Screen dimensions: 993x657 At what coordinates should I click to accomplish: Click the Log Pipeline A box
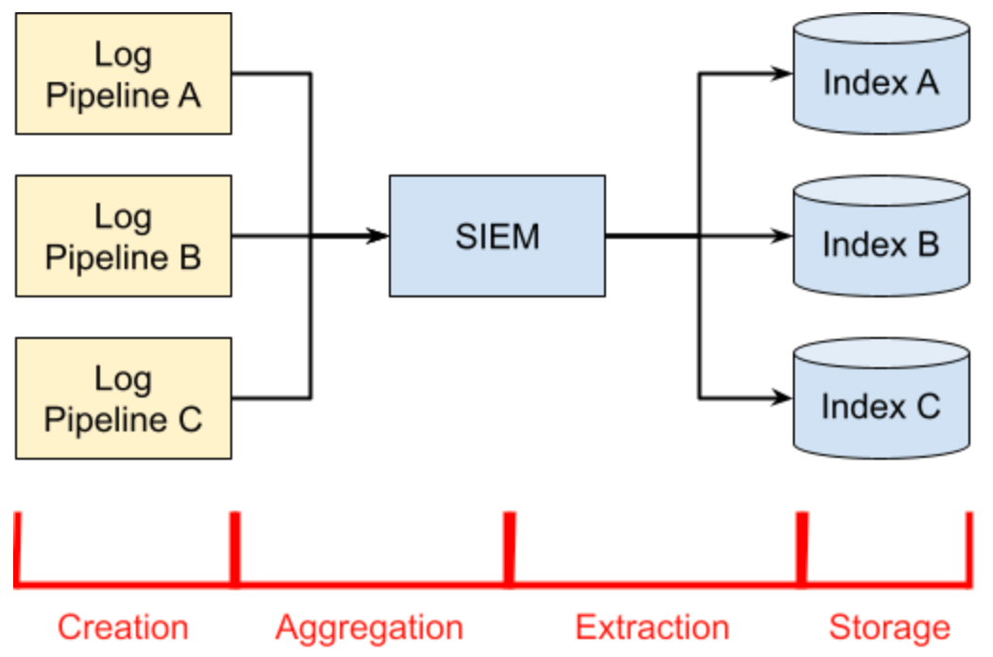point(124,75)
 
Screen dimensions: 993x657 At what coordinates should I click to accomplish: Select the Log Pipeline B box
point(124,236)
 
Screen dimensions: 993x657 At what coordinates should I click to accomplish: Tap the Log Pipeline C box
point(124,397)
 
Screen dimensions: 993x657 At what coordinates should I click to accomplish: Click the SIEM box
point(497,236)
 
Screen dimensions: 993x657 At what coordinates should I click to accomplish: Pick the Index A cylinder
point(881,75)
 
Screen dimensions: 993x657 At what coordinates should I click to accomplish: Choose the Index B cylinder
point(881,236)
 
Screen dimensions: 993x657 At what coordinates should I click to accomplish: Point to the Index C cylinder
point(881,397)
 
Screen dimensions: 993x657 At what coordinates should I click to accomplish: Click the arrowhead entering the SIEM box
point(379,236)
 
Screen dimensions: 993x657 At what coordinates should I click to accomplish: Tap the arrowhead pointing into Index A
point(782,74)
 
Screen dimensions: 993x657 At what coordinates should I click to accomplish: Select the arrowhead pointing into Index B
point(782,236)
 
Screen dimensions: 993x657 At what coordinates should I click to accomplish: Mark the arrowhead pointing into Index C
point(782,397)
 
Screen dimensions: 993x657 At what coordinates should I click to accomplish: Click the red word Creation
point(123,627)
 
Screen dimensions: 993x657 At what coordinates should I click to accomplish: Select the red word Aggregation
point(369,629)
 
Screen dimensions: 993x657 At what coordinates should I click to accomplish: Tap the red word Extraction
point(652,627)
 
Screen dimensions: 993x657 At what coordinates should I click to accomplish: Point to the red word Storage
point(890,629)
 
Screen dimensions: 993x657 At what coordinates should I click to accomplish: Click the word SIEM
point(497,236)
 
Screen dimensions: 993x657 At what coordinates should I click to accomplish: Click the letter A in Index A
point(927,82)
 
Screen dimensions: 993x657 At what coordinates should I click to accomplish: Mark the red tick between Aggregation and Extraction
point(509,549)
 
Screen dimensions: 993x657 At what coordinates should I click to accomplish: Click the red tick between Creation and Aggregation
point(235,549)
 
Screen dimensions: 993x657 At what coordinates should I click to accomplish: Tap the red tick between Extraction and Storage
point(801,549)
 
